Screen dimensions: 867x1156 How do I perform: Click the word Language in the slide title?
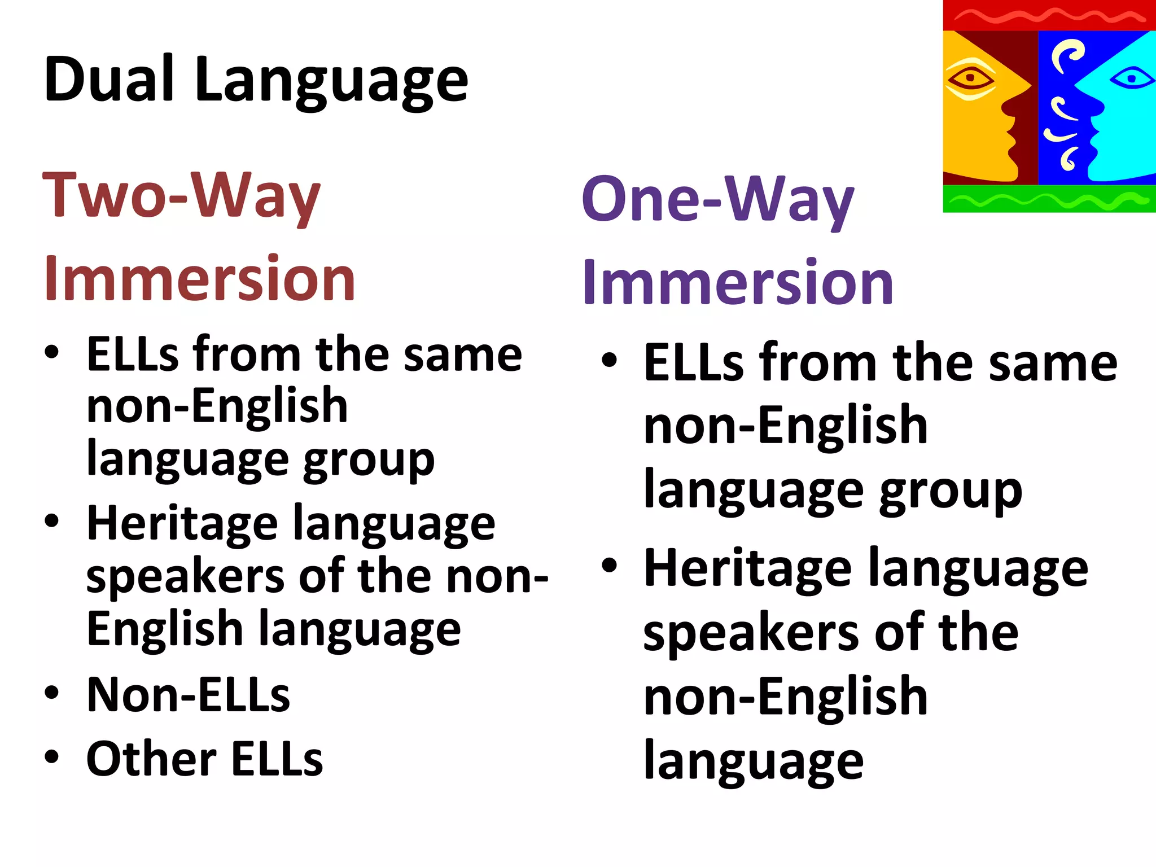331,82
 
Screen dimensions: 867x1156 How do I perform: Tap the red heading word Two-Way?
182,196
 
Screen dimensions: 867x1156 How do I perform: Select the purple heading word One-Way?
718,200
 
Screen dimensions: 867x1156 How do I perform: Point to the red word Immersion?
200,279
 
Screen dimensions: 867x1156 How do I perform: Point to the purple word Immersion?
738,282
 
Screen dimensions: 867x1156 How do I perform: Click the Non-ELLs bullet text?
188,695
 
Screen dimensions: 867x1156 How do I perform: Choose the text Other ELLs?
204,759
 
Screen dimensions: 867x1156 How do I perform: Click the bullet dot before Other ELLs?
52,756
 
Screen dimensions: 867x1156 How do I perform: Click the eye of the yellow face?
970,78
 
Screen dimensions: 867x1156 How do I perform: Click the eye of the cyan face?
1132,78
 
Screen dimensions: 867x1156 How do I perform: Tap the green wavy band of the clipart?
1049,199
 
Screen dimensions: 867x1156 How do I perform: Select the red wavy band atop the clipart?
1049,15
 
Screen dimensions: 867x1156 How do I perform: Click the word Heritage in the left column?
182,524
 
